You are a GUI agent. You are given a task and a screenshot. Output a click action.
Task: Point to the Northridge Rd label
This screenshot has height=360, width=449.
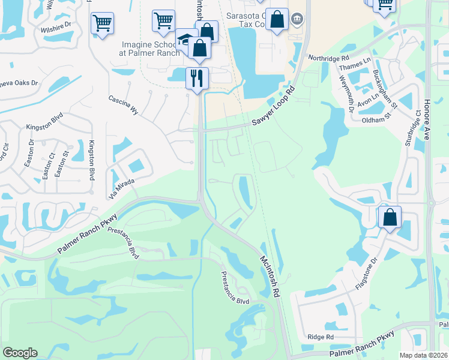pos(328,59)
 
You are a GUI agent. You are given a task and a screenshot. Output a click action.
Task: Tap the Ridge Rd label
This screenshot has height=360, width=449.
pos(320,337)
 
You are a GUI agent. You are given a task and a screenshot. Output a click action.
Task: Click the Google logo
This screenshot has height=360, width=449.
pos(20,353)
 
